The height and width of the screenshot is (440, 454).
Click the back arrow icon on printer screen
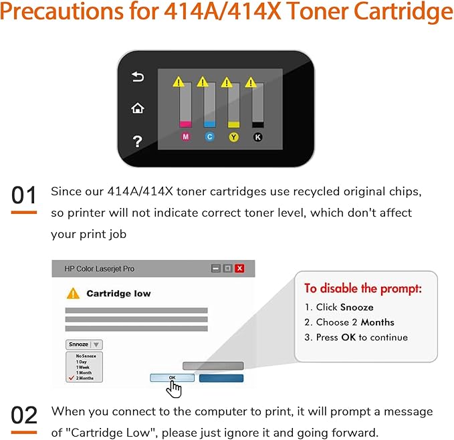(x=138, y=77)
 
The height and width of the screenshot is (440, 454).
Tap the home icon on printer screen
(x=138, y=108)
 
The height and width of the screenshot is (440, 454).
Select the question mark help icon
(x=138, y=140)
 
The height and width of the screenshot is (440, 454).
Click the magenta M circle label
(x=186, y=136)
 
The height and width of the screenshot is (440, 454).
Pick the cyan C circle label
(x=209, y=136)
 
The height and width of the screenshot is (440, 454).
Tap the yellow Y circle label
(x=233, y=136)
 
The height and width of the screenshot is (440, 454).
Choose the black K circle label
(x=257, y=136)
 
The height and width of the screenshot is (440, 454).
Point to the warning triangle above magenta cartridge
(x=178, y=82)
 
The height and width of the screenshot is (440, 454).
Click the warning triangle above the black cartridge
(x=251, y=82)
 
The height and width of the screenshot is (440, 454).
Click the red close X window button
(x=239, y=268)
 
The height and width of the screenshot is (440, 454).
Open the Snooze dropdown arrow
(x=96, y=344)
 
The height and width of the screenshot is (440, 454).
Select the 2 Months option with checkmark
(x=84, y=378)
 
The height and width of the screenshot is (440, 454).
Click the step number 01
(x=24, y=196)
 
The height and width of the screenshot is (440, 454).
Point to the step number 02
(x=24, y=415)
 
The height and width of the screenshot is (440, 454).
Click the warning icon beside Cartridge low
(x=72, y=293)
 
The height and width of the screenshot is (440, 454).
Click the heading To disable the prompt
(x=363, y=289)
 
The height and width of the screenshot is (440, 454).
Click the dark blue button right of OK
(x=221, y=378)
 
